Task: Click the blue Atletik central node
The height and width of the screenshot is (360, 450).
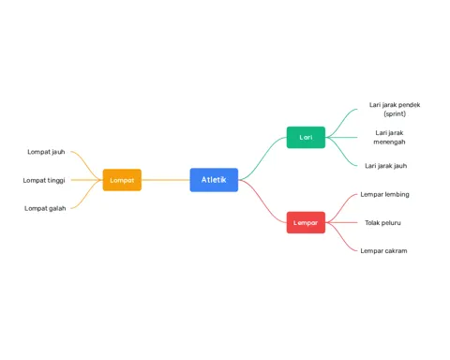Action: tap(214, 180)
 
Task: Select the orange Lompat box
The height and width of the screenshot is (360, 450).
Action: tap(122, 180)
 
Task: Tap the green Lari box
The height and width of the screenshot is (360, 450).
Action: tap(306, 138)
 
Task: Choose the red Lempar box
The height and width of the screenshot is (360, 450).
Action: tap(306, 222)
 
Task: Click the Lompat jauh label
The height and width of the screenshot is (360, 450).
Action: tap(46, 152)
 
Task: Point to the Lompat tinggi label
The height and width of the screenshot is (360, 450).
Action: tap(44, 180)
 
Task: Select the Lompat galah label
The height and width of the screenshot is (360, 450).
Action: tap(45, 208)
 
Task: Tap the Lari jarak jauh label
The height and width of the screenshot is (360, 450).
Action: tap(386, 166)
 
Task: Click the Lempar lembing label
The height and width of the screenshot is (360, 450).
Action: tap(384, 194)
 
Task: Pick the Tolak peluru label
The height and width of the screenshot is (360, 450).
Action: tap(382, 223)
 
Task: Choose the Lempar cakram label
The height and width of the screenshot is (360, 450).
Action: tap(383, 251)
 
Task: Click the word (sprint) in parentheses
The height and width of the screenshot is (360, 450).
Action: tap(395, 113)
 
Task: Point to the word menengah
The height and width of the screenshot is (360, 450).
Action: tap(389, 142)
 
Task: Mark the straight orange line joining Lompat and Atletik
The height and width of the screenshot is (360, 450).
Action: tap(166, 180)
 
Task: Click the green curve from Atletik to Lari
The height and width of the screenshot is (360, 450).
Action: tap(262, 158)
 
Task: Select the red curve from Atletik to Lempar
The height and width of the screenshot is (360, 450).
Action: tap(262, 202)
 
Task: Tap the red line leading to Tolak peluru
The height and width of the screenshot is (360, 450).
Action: tap(341, 222)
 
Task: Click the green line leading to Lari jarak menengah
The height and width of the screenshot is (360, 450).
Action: tap(341, 138)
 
